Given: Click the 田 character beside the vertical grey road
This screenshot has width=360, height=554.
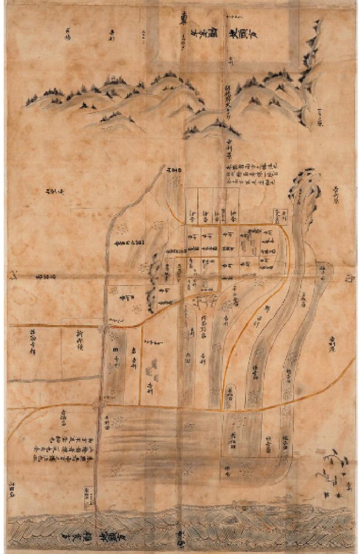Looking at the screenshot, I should click(x=116, y=350).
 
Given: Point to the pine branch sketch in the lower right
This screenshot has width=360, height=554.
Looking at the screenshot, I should click(x=333, y=465).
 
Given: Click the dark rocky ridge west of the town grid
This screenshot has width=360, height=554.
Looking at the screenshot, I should click(x=153, y=284).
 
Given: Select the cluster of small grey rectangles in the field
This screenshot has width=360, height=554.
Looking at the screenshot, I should click(x=155, y=369).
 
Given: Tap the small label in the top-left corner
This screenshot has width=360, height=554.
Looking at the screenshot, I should click(x=69, y=31).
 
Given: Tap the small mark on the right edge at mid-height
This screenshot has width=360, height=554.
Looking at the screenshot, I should click(x=349, y=279).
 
